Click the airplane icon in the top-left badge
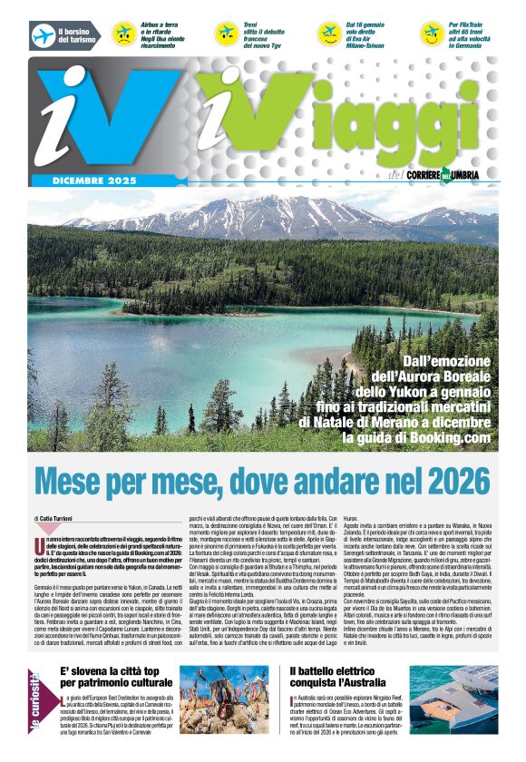point(43,35)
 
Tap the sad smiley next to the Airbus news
point(122,34)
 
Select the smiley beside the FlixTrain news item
point(432,34)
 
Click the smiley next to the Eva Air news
point(327,34)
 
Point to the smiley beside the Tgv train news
point(226,34)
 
